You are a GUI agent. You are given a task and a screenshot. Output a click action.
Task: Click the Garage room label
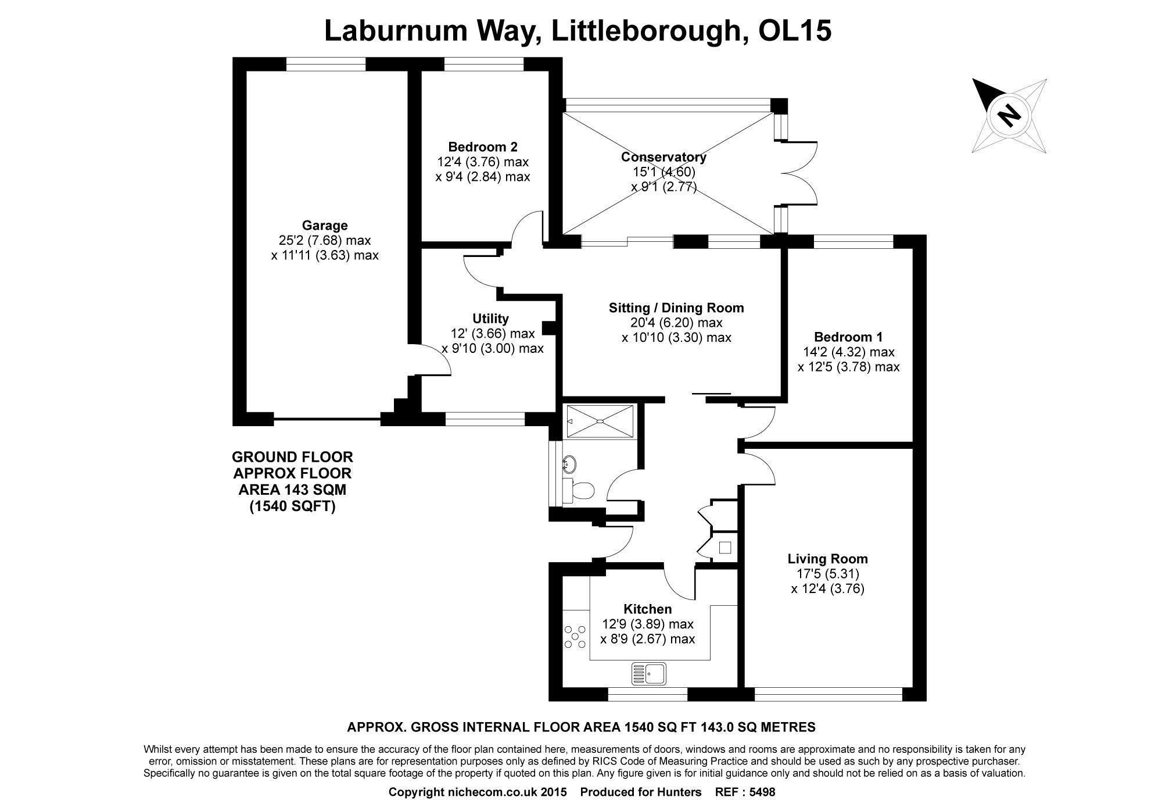325,226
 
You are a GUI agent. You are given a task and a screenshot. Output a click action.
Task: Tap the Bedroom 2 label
483,147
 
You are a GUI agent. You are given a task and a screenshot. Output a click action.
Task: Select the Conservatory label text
664,157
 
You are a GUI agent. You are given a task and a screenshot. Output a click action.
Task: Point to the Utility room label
490,319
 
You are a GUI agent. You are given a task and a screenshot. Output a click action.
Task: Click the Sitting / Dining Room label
676,308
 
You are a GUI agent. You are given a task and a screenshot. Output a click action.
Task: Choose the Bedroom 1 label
848,337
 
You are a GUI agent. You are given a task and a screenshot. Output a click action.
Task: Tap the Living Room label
827,559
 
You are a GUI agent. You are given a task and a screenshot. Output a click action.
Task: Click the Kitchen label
647,609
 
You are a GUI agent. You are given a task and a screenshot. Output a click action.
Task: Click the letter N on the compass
1009,115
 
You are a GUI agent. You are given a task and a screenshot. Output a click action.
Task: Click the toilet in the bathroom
579,490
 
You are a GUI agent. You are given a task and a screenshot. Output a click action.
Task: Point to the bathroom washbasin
569,464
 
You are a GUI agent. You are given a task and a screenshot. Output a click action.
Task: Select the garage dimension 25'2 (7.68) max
325,240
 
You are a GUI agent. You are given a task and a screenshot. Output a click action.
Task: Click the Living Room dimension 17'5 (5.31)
827,574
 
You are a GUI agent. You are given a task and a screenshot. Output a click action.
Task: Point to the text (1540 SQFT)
292,506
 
